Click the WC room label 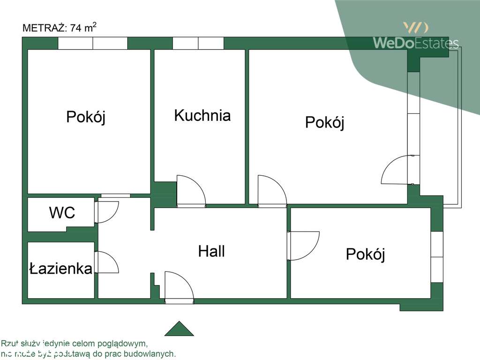(x=62, y=213)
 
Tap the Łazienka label (x=60, y=269)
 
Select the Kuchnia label (x=202, y=115)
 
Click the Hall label (x=211, y=251)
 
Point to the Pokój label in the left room (x=86, y=117)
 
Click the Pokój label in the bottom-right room (x=365, y=255)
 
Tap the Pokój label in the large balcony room (x=324, y=123)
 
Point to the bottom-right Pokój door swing (x=304, y=245)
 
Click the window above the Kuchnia (x=198, y=44)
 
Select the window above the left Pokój (x=93, y=44)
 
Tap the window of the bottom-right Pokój (x=436, y=257)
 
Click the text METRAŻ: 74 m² (x=60, y=28)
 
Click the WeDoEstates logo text (x=415, y=43)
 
